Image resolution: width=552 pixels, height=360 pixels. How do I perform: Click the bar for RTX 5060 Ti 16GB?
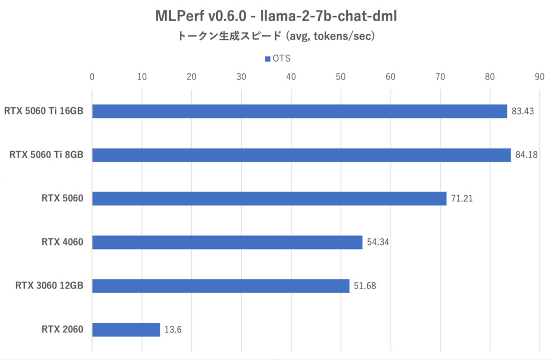[299, 111]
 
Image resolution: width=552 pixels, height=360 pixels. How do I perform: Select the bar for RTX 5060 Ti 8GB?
[301, 155]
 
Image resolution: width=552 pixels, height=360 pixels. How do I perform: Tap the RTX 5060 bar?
[269, 199]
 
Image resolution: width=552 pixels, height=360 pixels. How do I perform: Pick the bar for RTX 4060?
[227, 242]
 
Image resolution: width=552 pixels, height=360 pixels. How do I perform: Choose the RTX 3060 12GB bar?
[221, 286]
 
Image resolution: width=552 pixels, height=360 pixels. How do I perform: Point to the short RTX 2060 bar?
[126, 330]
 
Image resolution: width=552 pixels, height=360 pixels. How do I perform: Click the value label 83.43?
[522, 112]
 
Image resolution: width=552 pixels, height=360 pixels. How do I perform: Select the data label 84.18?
[526, 155]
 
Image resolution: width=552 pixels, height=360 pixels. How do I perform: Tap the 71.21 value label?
[462, 199]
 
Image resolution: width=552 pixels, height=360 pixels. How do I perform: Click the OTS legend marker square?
[267, 59]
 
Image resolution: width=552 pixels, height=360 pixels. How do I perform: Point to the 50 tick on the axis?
[340, 76]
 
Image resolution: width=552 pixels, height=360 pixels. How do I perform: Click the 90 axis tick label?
[540, 76]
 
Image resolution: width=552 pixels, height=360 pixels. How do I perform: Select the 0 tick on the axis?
[92, 76]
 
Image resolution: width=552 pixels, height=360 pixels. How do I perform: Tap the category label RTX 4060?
[63, 242]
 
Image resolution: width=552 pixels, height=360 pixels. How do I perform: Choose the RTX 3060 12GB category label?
[49, 286]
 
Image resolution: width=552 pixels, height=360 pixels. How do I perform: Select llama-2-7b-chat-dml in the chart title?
[328, 17]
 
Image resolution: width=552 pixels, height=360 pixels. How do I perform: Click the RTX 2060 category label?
[63, 330]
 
